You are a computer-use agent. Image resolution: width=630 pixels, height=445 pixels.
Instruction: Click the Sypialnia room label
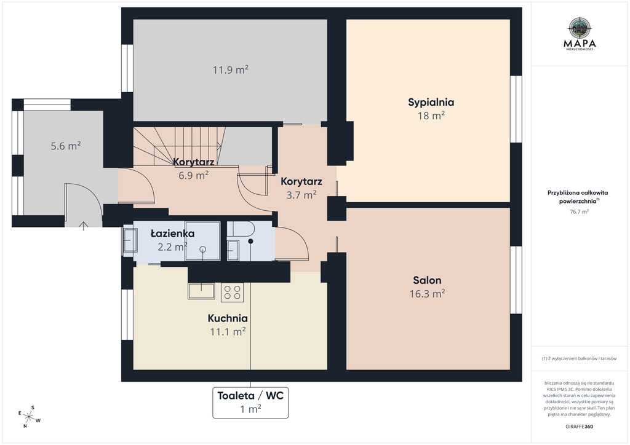point(431,102)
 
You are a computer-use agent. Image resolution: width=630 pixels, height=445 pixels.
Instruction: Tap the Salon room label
point(427,280)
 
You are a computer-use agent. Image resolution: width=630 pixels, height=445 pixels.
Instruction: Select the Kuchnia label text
point(228,318)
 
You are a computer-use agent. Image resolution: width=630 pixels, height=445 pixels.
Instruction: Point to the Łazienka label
point(172,233)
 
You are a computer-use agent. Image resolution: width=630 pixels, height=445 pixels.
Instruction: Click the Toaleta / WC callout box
point(250,403)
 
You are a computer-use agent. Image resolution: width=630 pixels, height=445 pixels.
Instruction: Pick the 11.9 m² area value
point(230,70)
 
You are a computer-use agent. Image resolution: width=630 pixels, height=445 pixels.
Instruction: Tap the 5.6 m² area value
point(65,146)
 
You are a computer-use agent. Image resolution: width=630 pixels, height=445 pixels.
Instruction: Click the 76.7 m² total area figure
point(580,211)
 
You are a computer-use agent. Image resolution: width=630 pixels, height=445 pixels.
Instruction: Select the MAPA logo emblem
point(580,28)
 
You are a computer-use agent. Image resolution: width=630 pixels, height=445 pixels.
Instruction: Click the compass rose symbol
point(29,417)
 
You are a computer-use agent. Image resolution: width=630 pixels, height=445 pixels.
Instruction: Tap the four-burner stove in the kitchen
point(232,293)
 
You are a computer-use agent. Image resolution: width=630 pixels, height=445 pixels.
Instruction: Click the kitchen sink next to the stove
point(201,291)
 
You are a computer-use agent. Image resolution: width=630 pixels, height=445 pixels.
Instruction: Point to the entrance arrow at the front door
point(83,226)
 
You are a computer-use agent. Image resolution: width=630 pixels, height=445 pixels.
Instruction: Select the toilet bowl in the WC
point(244,230)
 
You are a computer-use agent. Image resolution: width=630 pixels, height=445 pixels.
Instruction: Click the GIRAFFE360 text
point(579,427)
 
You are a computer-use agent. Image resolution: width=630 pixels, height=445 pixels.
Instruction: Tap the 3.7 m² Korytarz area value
point(301,195)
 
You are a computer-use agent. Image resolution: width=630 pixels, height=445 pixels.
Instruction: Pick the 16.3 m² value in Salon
point(427,294)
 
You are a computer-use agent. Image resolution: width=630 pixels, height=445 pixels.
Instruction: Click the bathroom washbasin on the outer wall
point(130,240)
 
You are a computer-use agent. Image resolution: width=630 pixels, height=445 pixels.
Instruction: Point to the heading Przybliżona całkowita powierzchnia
point(578,197)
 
